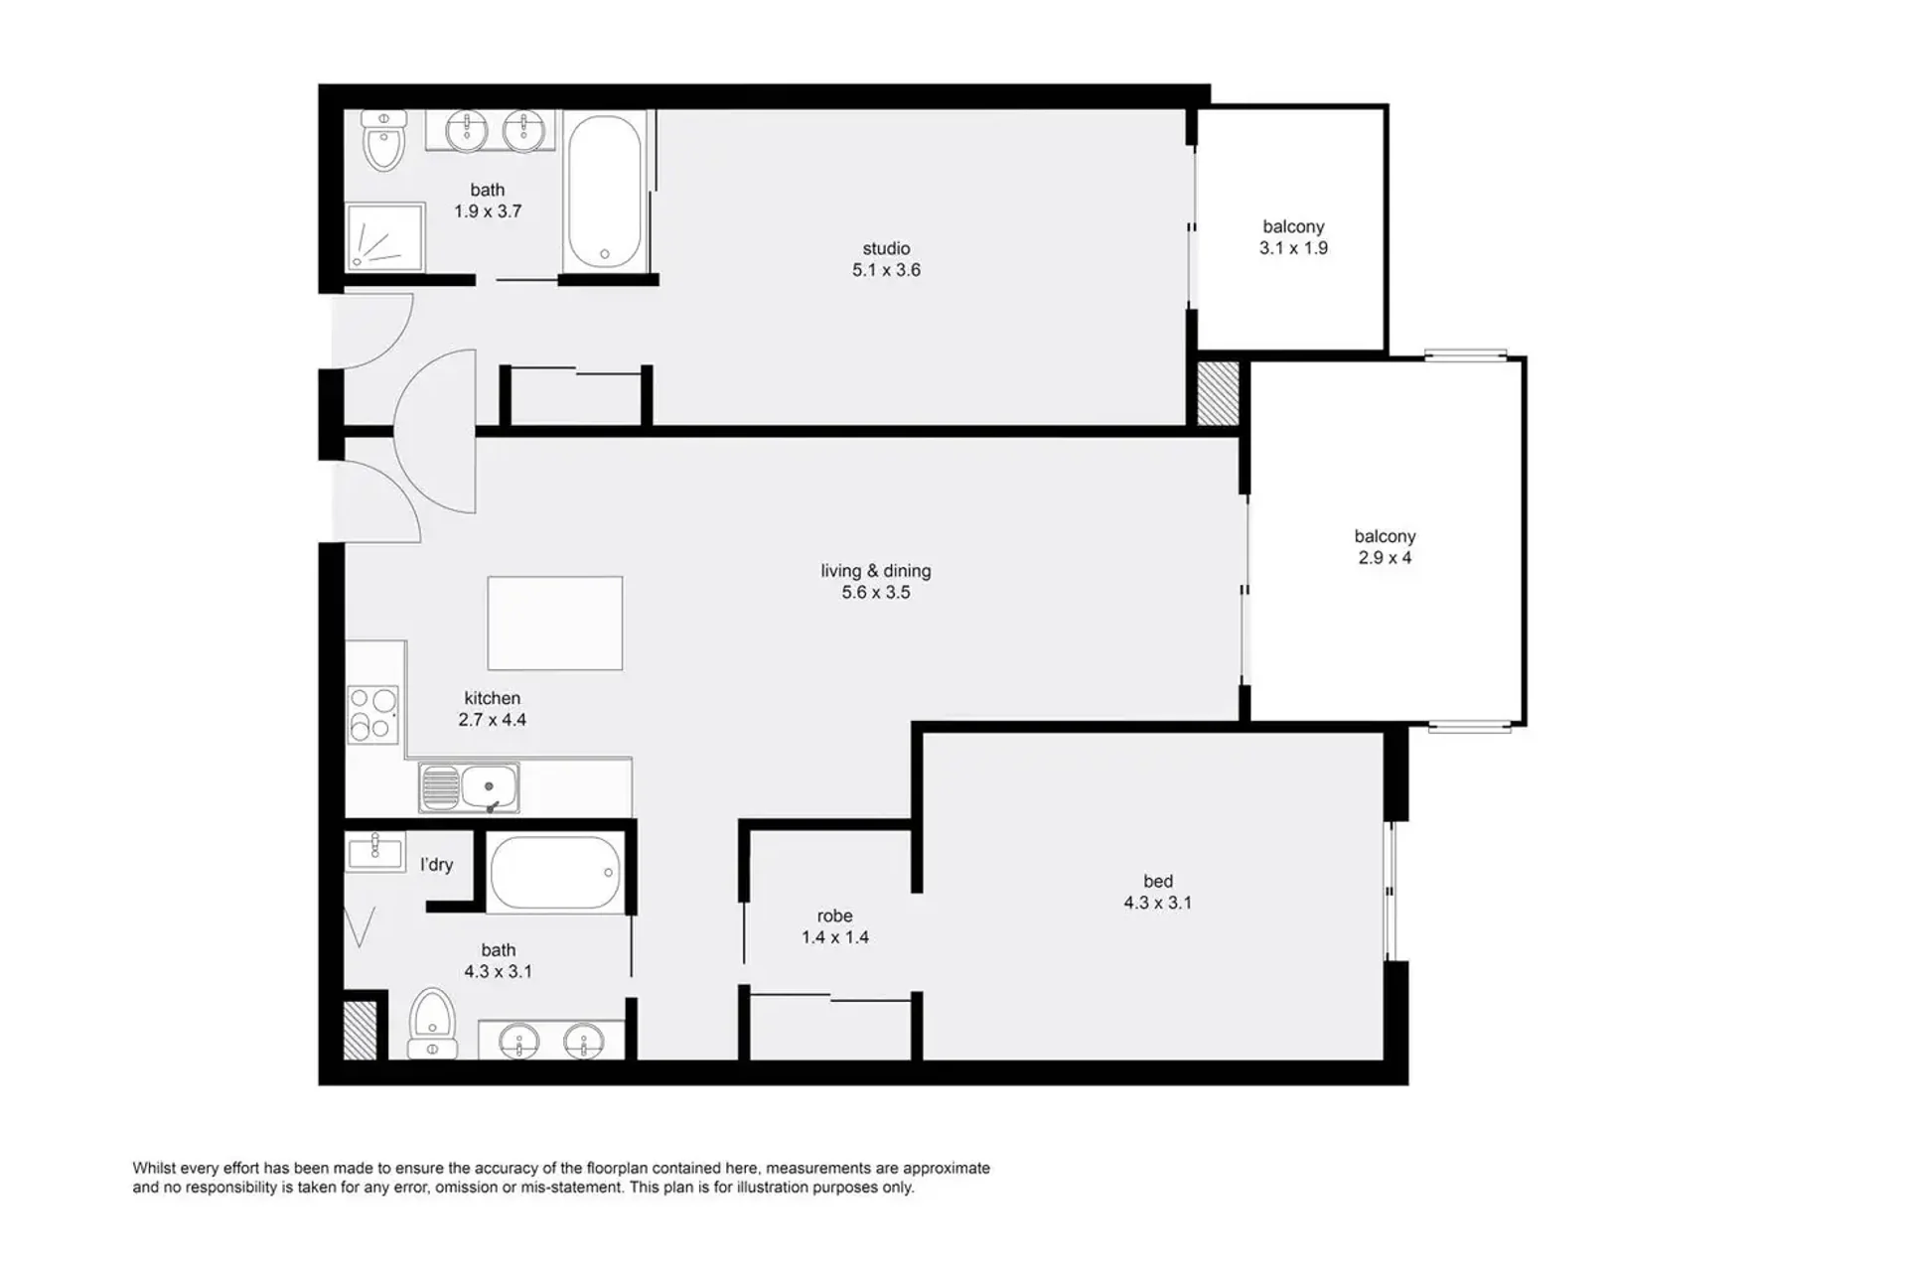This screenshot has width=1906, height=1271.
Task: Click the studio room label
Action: pyautogui.click(x=886, y=248)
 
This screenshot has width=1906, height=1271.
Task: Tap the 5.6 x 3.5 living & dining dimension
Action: pyautogui.click(x=876, y=593)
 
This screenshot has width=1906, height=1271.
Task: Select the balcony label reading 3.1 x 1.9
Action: pyautogui.click(x=1293, y=226)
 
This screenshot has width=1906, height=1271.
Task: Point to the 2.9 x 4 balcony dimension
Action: pyautogui.click(x=1385, y=558)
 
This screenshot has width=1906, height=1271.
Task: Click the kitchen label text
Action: pyautogui.click(x=492, y=698)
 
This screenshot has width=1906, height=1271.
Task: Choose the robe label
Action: pyautogui.click(x=834, y=916)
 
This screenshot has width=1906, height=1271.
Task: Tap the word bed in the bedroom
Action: pyautogui.click(x=1158, y=881)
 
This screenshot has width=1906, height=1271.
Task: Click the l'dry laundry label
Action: pyautogui.click(x=436, y=865)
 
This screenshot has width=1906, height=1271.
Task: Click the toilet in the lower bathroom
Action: pyautogui.click(x=433, y=1023)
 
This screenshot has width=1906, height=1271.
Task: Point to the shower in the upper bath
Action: pyautogui.click(x=385, y=236)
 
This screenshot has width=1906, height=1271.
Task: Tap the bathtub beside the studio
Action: pyautogui.click(x=605, y=192)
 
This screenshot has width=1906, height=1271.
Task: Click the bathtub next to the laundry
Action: pyautogui.click(x=556, y=873)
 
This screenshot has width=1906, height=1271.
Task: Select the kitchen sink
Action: pyautogui.click(x=469, y=787)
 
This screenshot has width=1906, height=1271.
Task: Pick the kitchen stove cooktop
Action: pyautogui.click(x=372, y=715)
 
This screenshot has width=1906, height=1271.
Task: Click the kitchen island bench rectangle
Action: pyautogui.click(x=555, y=624)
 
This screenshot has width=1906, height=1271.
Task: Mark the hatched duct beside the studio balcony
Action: pyautogui.click(x=1219, y=393)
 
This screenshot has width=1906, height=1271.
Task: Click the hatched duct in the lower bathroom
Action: pyautogui.click(x=360, y=1030)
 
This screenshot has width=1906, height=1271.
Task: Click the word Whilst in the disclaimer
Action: pyautogui.click(x=154, y=1169)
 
